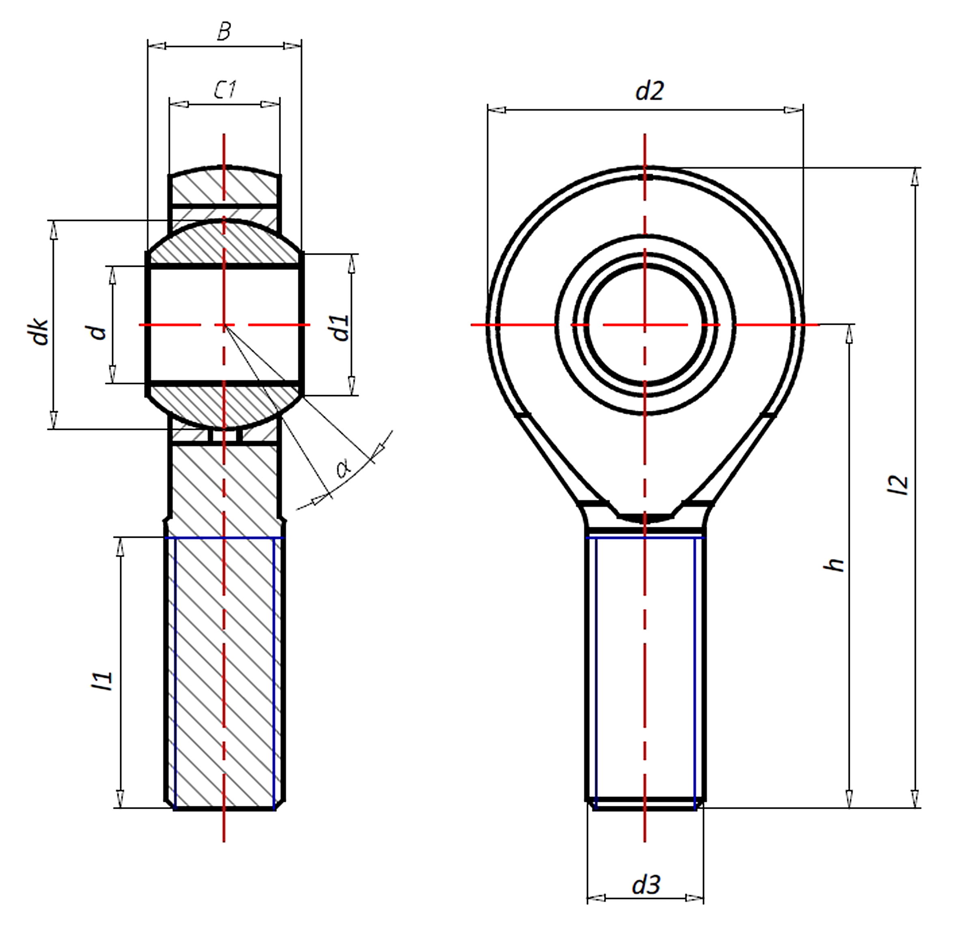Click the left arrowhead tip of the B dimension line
point(149,46)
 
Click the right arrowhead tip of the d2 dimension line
point(803,109)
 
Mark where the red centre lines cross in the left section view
point(224,325)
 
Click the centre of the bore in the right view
point(645,324)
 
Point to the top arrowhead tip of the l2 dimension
point(915,168)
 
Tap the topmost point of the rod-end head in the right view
point(645,166)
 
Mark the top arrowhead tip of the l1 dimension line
point(120,538)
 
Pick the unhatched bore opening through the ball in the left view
point(224,325)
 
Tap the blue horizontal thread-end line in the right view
point(645,538)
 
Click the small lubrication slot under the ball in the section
point(225,435)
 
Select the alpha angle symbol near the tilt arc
point(343,468)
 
